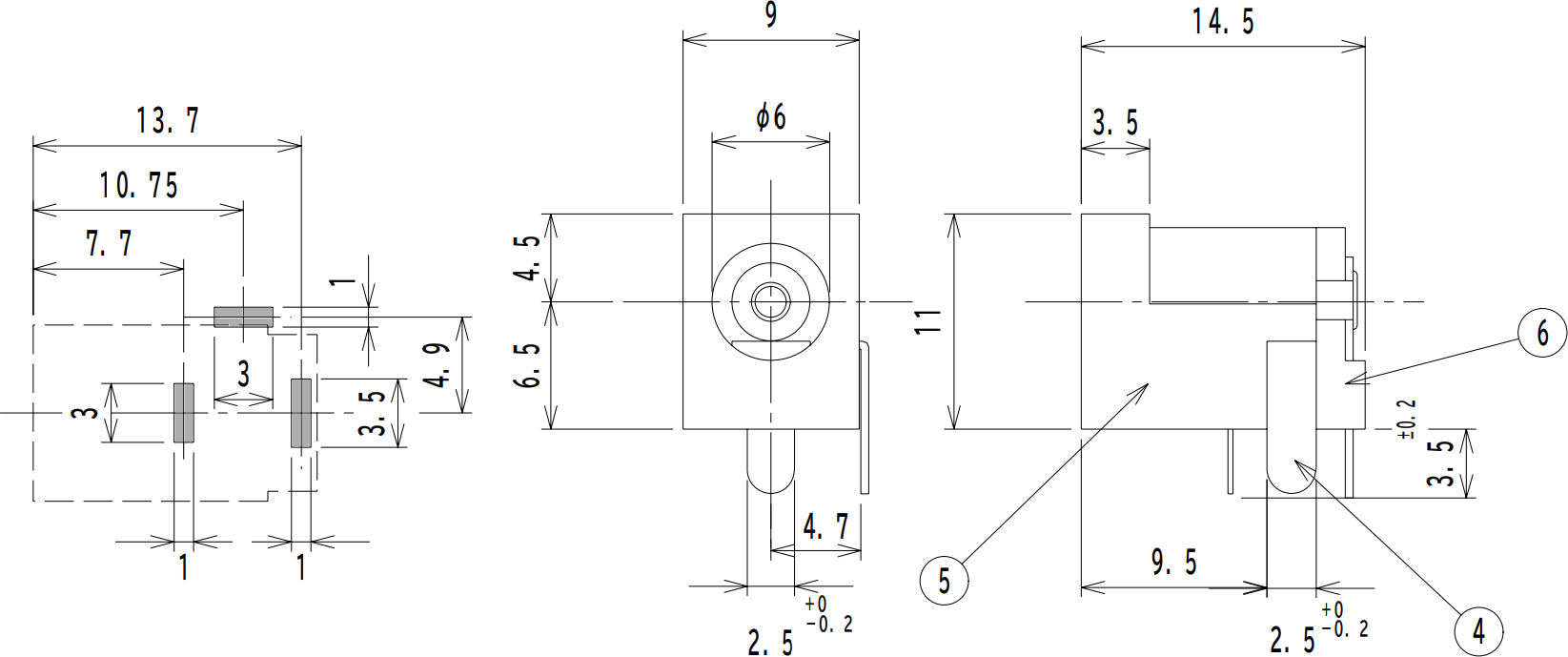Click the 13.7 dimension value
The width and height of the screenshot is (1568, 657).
click(x=168, y=121)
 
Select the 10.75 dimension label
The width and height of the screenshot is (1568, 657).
click(x=139, y=185)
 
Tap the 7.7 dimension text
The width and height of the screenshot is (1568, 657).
click(x=110, y=244)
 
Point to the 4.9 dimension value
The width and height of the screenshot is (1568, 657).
click(x=438, y=364)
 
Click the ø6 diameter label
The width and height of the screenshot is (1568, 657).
click(x=770, y=117)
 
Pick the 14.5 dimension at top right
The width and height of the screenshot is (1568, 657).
click(x=1223, y=21)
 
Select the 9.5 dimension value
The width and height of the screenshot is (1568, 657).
click(x=1173, y=562)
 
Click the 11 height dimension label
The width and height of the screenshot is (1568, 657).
click(x=928, y=320)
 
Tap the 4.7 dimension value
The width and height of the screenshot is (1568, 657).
click(x=825, y=526)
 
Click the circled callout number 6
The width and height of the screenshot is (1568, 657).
click(x=1541, y=333)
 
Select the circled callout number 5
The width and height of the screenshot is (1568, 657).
click(x=944, y=580)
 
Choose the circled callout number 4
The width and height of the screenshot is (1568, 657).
click(x=1478, y=630)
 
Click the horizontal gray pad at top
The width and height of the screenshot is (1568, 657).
click(x=243, y=317)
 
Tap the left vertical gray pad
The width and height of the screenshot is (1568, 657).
click(x=184, y=413)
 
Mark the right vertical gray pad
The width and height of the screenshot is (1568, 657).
click(x=301, y=413)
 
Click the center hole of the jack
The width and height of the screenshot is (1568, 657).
click(x=770, y=303)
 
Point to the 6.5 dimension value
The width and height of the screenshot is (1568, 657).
click(x=530, y=364)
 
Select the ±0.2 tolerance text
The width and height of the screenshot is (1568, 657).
click(x=1407, y=420)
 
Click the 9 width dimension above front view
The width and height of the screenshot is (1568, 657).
click(x=770, y=15)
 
